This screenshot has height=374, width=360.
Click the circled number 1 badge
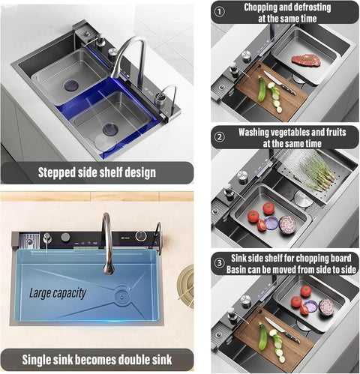click(220, 12)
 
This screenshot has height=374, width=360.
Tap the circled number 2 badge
click(220, 136)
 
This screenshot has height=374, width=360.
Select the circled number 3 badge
click(220, 262)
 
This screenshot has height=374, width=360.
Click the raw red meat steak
click(306, 60)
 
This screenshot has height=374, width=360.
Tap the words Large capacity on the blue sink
click(57, 293)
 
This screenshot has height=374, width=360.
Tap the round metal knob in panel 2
click(242, 177)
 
